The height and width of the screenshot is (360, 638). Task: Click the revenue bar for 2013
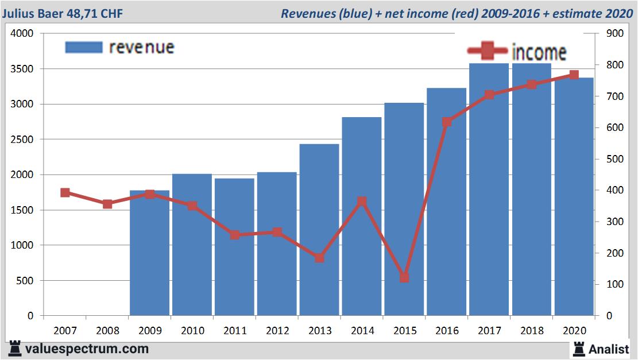[319, 230]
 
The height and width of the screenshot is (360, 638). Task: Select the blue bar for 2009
[149, 253]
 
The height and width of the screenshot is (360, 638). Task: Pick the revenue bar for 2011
[234, 247]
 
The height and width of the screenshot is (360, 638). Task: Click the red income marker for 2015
[404, 278]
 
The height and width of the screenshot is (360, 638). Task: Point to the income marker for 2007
[65, 193]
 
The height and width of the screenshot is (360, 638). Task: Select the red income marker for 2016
[447, 122]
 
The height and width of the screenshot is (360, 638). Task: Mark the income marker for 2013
[319, 258]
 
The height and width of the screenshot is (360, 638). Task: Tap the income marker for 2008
[107, 204]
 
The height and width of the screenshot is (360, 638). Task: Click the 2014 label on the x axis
[362, 331]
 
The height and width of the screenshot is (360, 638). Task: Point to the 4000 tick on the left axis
[22, 34]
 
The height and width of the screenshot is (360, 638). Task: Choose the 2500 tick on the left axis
[22, 140]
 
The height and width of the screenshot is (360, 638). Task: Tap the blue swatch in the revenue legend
[84, 47]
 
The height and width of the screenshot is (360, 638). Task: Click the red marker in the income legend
[488, 52]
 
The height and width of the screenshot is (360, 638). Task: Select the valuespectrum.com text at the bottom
[87, 349]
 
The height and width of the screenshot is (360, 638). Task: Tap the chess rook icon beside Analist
[579, 349]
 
